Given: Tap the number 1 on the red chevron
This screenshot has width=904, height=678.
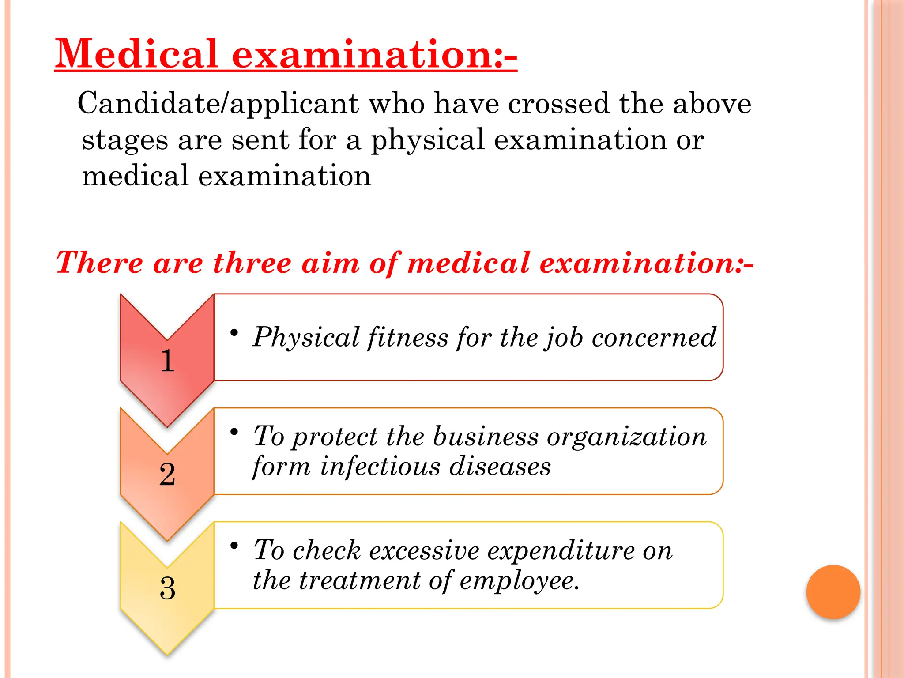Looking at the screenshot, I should click(167, 361).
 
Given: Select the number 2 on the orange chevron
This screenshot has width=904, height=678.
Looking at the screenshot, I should click(167, 475).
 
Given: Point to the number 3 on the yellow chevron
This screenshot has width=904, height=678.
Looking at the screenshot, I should click(167, 588).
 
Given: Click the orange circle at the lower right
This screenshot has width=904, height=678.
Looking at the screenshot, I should click(833, 592).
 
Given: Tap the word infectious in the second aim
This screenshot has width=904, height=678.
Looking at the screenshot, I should click(380, 467).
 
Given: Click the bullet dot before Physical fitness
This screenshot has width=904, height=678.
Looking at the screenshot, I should click(234, 332).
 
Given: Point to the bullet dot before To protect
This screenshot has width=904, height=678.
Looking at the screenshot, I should click(234, 431).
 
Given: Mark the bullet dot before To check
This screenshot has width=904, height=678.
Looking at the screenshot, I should click(234, 546).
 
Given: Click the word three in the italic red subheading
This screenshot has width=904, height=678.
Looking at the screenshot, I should click(252, 263).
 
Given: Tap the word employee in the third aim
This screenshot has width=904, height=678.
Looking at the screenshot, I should click(519, 580).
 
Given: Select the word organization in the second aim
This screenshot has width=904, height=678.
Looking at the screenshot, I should click(627, 437).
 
